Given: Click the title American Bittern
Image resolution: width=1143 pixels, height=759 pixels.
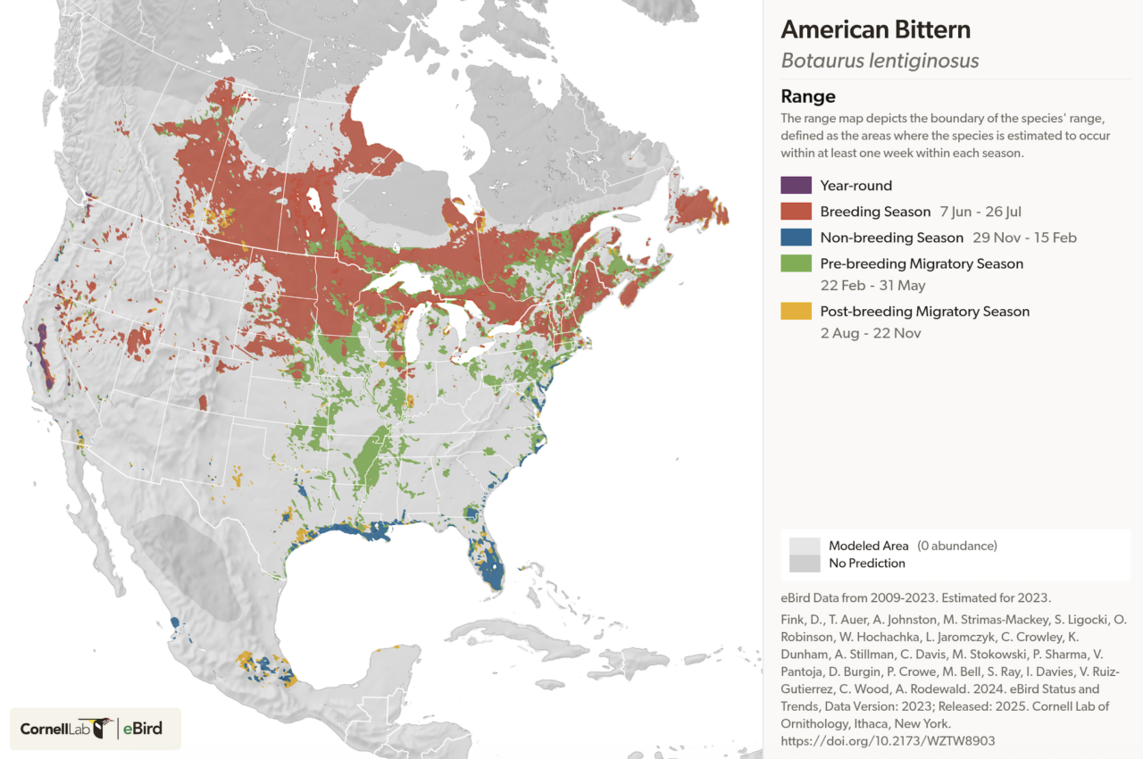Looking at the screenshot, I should pyautogui.click(x=875, y=29).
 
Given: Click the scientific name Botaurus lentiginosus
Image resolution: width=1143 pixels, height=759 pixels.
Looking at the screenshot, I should pyautogui.click(x=880, y=61).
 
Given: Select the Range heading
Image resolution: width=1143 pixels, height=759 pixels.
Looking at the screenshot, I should pyautogui.click(x=807, y=96).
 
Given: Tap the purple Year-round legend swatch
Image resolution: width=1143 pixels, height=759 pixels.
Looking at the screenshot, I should pyautogui.click(x=796, y=186).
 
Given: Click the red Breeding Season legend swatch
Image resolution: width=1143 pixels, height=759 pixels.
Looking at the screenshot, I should pyautogui.click(x=796, y=212).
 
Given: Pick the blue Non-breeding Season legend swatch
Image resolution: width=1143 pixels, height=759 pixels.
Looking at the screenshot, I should pyautogui.click(x=796, y=238).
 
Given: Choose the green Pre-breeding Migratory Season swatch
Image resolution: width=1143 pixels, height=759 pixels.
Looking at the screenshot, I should pyautogui.click(x=796, y=263).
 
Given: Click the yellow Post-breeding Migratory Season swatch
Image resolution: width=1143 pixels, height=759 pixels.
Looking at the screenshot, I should pyautogui.click(x=796, y=311).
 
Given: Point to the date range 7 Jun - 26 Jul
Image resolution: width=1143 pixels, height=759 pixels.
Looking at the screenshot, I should pyautogui.click(x=980, y=212).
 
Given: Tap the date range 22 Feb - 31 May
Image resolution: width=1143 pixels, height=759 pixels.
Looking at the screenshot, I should pyautogui.click(x=872, y=286).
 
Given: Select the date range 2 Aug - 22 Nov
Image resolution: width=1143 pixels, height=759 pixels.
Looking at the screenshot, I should pyautogui.click(x=870, y=333).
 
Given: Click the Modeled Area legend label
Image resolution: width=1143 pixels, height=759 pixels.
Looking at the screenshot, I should pyautogui.click(x=868, y=546).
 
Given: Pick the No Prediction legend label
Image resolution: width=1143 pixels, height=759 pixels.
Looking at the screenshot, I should pyautogui.click(x=866, y=563).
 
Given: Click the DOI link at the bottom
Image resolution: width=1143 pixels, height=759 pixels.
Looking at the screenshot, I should pyautogui.click(x=888, y=741).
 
